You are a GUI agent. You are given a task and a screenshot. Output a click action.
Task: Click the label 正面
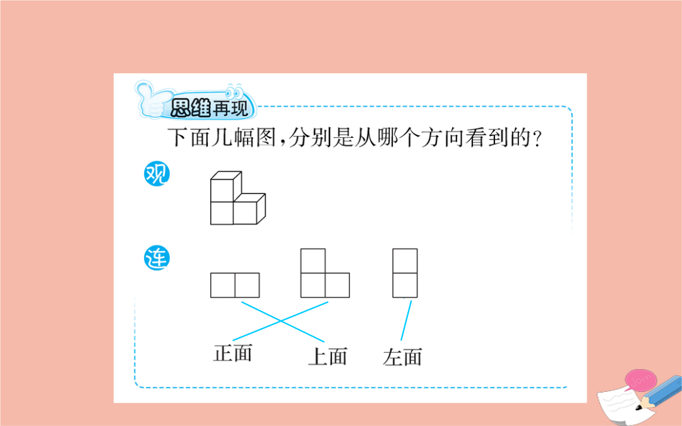click(232, 353)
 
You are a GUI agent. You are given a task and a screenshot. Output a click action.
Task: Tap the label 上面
click(328, 356)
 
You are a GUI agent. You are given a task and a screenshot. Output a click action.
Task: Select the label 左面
click(402, 357)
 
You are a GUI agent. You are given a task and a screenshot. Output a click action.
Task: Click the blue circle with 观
click(157, 174)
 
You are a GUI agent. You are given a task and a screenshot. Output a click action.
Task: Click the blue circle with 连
click(157, 258)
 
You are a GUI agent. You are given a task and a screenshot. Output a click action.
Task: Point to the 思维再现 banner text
click(209, 108)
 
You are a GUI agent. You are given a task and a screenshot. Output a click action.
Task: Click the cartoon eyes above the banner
click(234, 92)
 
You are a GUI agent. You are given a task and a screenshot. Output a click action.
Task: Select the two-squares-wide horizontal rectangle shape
click(235, 286)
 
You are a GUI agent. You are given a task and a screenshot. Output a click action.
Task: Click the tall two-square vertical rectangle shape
click(405, 273)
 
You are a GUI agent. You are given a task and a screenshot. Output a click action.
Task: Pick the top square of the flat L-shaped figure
click(313, 261)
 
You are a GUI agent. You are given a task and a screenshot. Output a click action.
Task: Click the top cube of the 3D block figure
click(226, 186)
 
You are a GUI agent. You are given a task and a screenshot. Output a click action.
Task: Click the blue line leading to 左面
click(406, 320)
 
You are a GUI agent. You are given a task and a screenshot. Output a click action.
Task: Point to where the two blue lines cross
click(281, 321)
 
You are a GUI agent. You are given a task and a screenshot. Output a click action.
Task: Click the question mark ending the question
click(537, 139)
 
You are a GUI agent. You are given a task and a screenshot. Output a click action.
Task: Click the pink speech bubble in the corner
click(641, 380)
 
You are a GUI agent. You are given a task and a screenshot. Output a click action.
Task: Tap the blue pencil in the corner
click(659, 393)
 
